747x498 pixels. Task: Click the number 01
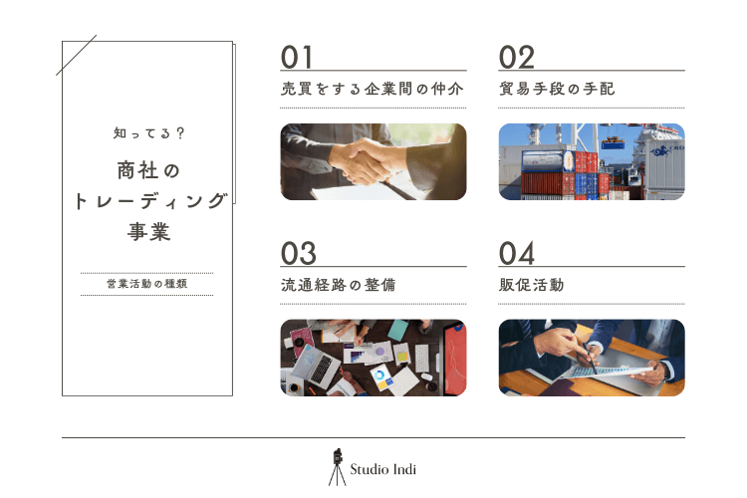(x=299, y=57)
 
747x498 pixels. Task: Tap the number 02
(x=517, y=57)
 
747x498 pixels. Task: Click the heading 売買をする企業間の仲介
(x=373, y=89)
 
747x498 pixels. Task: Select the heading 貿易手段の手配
(x=557, y=89)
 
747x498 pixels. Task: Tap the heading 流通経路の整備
(x=339, y=285)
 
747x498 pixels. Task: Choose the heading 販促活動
(x=532, y=285)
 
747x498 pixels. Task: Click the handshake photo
(x=373, y=161)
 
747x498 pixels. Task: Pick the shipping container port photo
(x=592, y=161)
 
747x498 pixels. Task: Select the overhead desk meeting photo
(x=373, y=358)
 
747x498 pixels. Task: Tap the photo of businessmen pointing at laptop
(x=592, y=358)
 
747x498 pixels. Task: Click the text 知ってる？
(x=146, y=131)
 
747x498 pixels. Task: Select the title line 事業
(x=147, y=232)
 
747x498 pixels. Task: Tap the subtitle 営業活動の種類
(x=146, y=284)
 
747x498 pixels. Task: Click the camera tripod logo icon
(x=338, y=465)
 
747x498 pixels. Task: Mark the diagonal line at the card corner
(x=77, y=55)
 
